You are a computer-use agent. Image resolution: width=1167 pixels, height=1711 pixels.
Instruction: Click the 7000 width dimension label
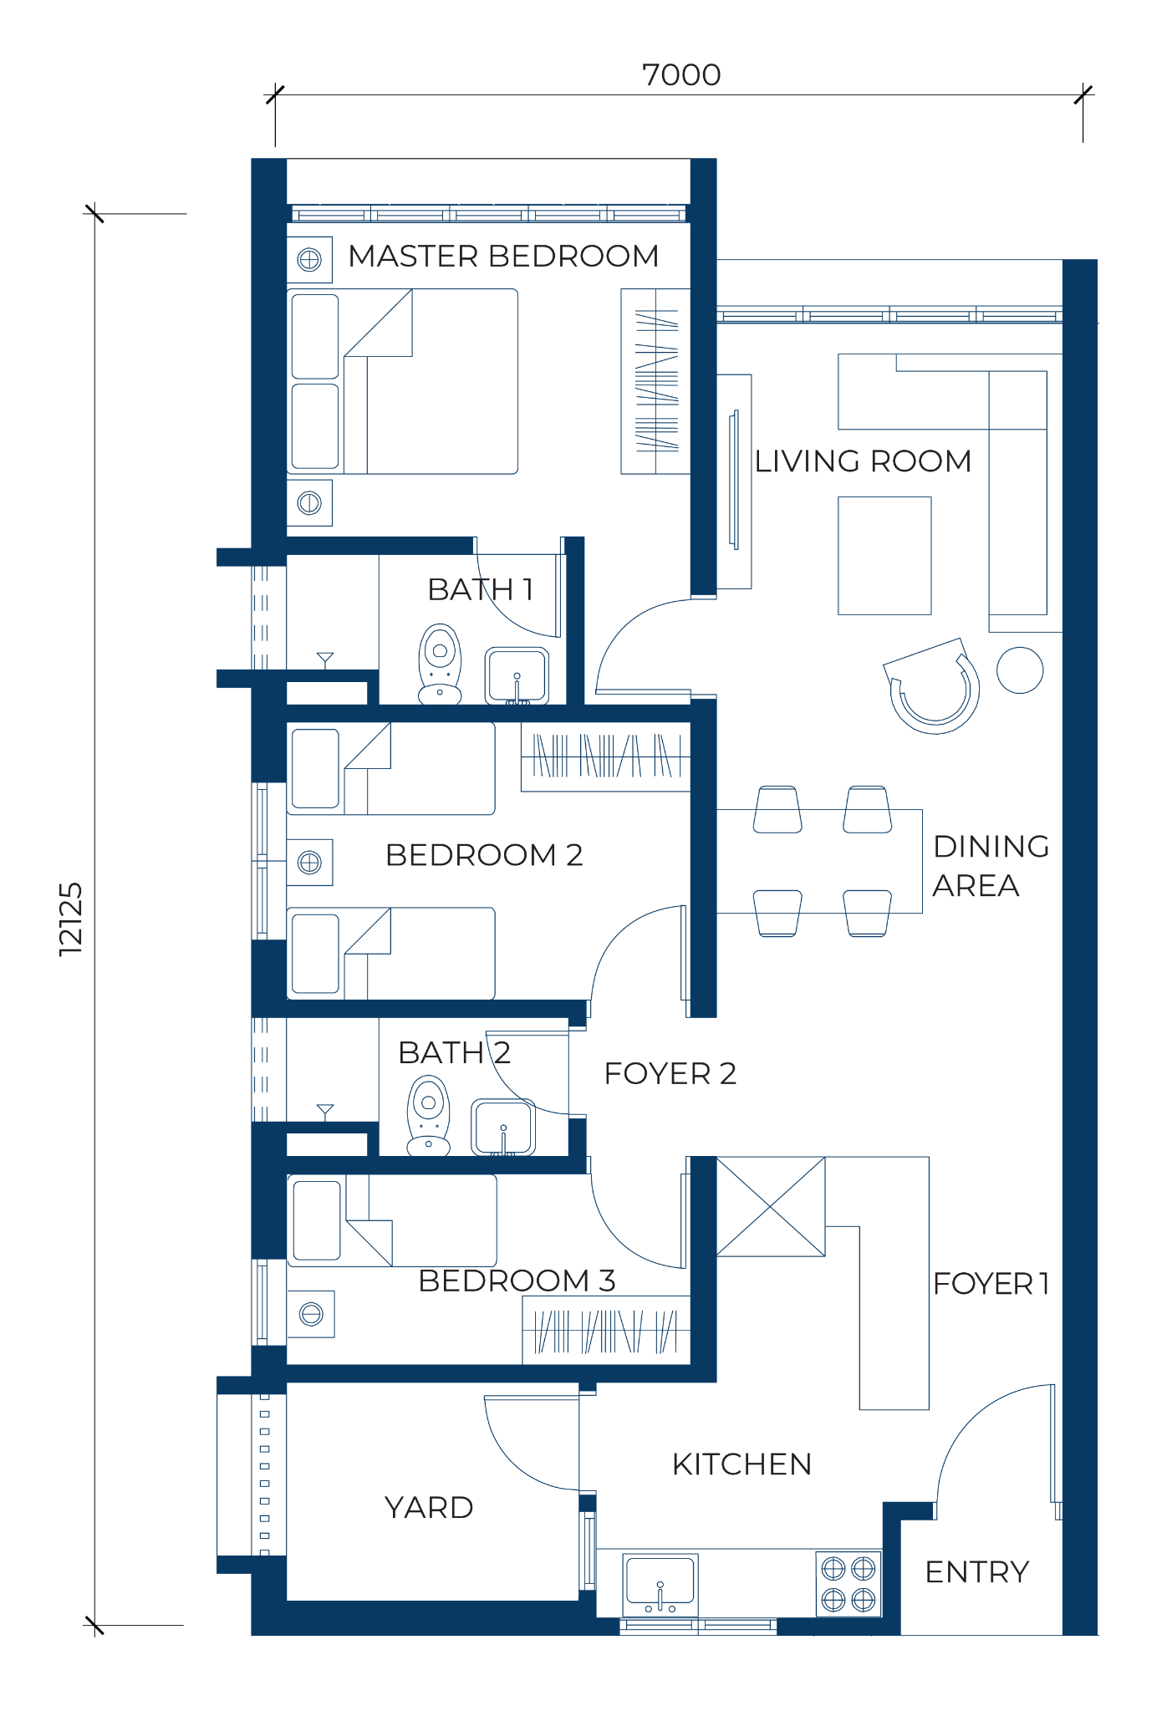(x=681, y=75)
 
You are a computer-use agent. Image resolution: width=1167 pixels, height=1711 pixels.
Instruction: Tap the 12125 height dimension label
(x=72, y=919)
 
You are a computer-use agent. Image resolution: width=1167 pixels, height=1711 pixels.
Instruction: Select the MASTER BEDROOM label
(x=503, y=256)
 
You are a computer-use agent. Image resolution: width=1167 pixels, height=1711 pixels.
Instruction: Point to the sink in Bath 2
(x=502, y=1128)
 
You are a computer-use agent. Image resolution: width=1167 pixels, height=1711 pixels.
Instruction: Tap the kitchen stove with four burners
(x=848, y=1583)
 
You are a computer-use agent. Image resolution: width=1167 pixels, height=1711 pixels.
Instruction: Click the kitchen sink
(x=660, y=1585)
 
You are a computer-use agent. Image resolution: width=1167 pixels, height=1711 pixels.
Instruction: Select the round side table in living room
(x=1020, y=670)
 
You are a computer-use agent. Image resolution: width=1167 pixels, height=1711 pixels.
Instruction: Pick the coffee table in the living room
(x=884, y=556)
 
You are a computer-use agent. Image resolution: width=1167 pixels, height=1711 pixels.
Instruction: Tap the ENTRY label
(x=976, y=1572)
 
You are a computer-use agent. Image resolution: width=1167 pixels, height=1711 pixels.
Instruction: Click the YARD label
(x=429, y=1508)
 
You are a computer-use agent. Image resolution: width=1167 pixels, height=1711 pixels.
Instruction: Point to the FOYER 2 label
(x=670, y=1073)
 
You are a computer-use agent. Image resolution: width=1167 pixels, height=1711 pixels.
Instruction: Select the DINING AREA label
(x=991, y=866)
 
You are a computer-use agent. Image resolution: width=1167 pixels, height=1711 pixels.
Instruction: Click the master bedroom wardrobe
(x=655, y=381)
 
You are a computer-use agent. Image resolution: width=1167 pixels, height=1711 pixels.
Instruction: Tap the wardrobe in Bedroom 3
(x=606, y=1330)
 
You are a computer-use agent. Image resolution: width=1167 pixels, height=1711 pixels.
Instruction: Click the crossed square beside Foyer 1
(x=771, y=1206)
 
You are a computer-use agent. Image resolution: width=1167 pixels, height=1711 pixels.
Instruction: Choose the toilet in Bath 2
(x=429, y=1116)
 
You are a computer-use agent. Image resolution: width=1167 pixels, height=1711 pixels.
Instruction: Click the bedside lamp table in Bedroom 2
(x=309, y=862)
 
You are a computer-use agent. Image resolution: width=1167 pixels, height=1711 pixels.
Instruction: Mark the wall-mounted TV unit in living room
(x=735, y=481)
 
